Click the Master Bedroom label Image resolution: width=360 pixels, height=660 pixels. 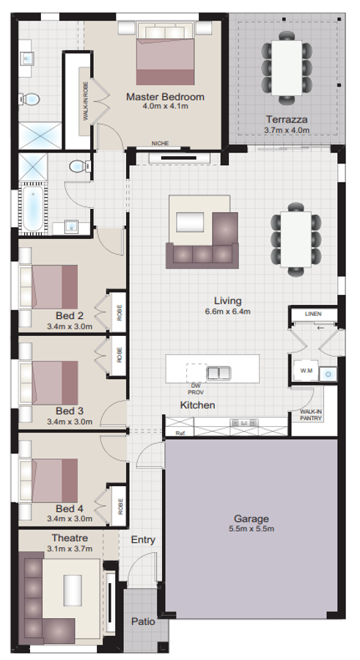[x=165, y=97]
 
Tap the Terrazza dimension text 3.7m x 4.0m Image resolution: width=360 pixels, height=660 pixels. [x=287, y=130]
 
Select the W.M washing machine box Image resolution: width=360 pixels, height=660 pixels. [x=305, y=372]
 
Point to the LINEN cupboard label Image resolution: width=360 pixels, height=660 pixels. [x=313, y=314]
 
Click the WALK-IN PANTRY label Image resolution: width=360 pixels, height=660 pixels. [x=311, y=415]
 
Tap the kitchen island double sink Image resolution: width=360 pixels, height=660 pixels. [x=218, y=373]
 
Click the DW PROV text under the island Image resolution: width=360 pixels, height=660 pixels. [x=195, y=389]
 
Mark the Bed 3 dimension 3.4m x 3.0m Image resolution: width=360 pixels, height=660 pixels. [x=70, y=422]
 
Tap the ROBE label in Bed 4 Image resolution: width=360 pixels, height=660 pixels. [x=120, y=505]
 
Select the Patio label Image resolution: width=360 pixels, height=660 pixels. [x=143, y=621]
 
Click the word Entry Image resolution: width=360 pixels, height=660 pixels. [x=143, y=540]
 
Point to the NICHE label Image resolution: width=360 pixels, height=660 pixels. [x=160, y=144]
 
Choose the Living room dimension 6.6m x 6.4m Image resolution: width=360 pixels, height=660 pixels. [x=227, y=311]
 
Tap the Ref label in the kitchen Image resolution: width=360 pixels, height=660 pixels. [x=180, y=433]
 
